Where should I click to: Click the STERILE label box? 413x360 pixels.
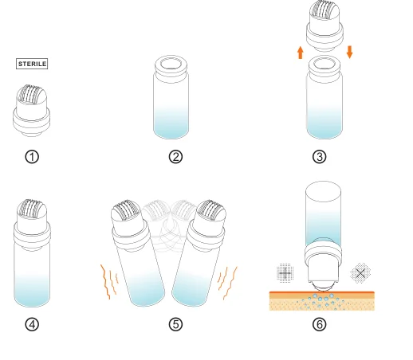pos(32,64)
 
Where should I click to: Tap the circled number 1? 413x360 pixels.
pos(32,157)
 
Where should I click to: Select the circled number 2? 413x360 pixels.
pos(175,157)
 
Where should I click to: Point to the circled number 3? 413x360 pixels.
pos(320,157)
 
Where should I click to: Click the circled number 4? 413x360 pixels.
pos(32,324)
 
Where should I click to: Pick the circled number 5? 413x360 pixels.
pos(175,324)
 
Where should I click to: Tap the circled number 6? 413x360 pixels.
pos(320,324)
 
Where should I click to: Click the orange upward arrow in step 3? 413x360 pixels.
pos(301,53)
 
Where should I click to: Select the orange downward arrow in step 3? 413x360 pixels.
pos(350,52)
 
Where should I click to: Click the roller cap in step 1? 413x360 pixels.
pos(31,111)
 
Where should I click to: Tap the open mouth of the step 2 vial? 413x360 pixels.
pos(171,65)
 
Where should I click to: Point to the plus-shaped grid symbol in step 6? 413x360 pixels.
pos(285,273)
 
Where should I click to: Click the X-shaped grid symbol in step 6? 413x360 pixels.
pos(360,273)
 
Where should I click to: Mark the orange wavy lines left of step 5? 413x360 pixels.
pos(109,281)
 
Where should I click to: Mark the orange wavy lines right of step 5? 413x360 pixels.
pos(227,283)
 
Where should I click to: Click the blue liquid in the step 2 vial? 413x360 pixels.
pos(171,123)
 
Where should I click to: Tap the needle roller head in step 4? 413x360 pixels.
pos(32,209)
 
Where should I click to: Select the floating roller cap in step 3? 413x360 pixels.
pos(324,25)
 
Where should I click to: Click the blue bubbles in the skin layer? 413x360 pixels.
pos(322,302)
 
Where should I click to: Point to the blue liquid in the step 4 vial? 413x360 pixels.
pos(32,291)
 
